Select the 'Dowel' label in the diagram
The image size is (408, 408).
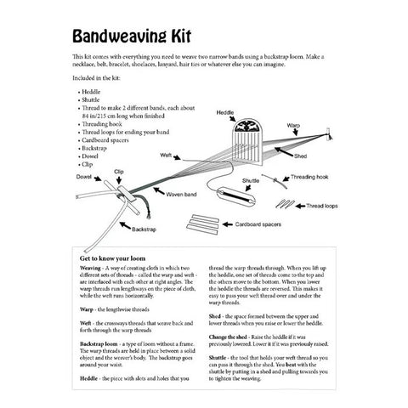click(83, 177)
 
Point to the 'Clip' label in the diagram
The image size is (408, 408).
click(120, 171)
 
